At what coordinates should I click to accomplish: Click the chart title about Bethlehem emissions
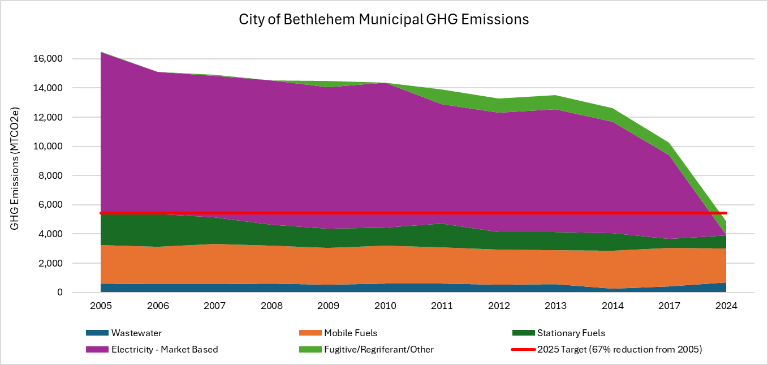point(383,19)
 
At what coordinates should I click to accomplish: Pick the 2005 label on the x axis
point(101,306)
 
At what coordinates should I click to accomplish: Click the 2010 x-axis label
point(385,306)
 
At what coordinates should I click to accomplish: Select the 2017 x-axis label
point(669,306)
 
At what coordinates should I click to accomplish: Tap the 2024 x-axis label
point(726,306)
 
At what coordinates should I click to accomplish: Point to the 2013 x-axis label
point(555,306)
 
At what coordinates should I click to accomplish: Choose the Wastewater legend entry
point(136,333)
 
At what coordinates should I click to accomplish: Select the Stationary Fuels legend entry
point(571,333)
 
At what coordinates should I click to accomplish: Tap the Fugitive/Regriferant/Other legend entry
point(379,350)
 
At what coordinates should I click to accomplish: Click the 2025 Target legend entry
point(619,350)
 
